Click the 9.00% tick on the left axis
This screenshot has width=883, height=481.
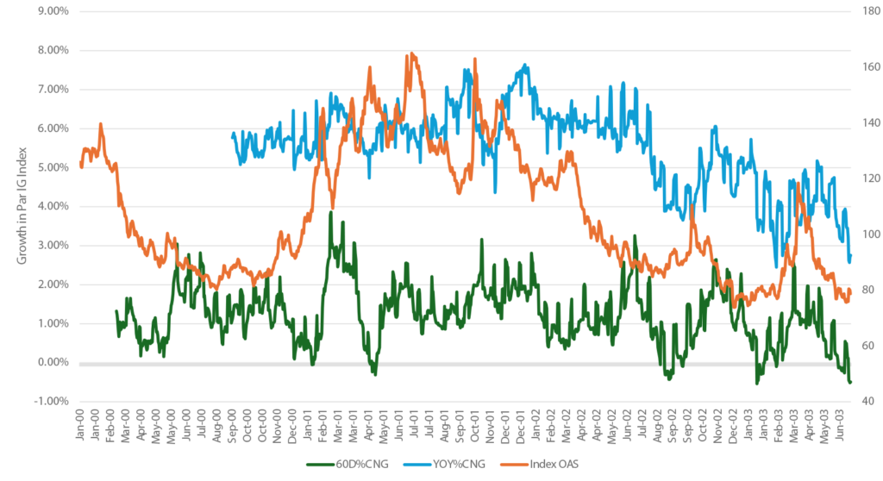click(x=49, y=11)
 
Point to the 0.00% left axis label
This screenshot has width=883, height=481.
click(x=49, y=362)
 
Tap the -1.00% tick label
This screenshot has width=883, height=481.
click(x=48, y=402)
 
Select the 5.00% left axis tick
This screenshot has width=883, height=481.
click(x=49, y=167)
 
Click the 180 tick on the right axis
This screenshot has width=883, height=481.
click(x=864, y=11)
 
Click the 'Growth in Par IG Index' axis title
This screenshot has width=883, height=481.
click(x=19, y=206)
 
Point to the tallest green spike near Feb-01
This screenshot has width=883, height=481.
click(x=330, y=212)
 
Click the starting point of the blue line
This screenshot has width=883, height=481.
click(x=233, y=135)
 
